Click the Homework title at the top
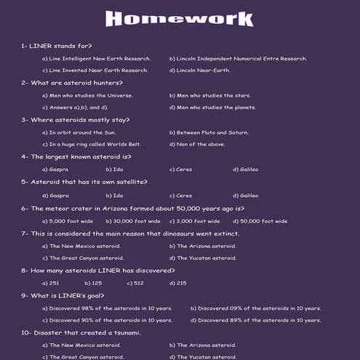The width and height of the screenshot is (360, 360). [x=179, y=17]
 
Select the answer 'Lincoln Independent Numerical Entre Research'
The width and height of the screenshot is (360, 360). [x=238, y=58]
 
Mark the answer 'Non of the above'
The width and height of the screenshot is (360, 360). [x=198, y=145]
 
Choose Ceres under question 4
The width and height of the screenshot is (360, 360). [x=181, y=169]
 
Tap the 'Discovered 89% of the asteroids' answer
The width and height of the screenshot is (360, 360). [x=255, y=320]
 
